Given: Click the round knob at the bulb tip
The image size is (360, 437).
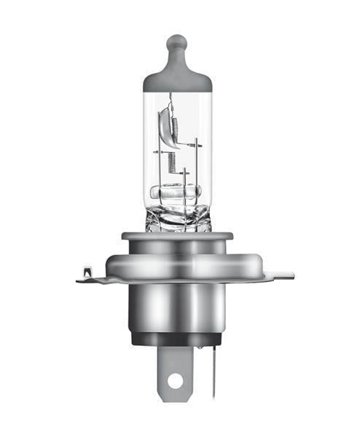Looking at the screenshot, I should click(177, 43).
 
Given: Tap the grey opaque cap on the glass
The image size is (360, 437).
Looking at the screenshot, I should click(177, 76).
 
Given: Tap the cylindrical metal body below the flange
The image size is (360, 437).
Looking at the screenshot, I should click(177, 306).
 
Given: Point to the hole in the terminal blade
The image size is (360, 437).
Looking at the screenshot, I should click(175, 379).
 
